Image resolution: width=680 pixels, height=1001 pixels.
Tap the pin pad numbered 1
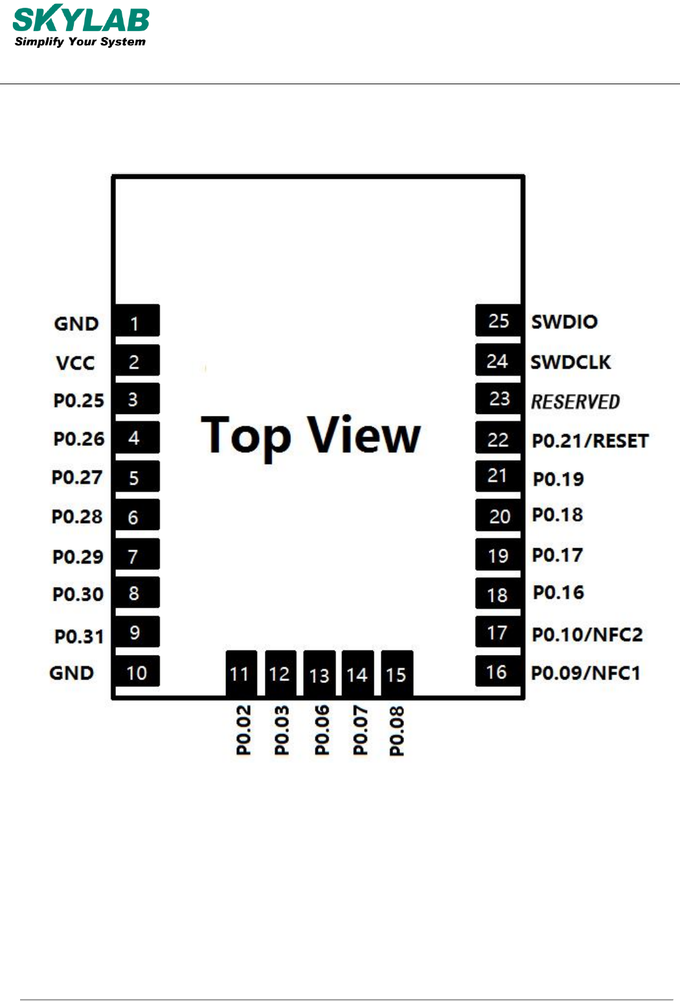click(x=136, y=322)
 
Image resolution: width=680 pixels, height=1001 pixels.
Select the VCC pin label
click(x=75, y=363)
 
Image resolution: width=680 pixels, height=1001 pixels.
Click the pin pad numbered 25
click(x=498, y=321)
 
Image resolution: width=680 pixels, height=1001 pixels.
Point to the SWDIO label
click(x=564, y=322)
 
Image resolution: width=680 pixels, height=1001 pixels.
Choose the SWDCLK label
click(x=571, y=362)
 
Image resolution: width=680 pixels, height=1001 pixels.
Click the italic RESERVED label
click(x=575, y=402)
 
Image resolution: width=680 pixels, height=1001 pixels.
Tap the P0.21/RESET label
click(x=590, y=441)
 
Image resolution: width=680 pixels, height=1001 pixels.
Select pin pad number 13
click(x=319, y=674)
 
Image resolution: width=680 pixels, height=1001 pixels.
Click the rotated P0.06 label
click(x=322, y=730)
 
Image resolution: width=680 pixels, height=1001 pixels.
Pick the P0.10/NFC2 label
click(x=587, y=634)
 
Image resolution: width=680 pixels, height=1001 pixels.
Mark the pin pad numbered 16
click(x=497, y=673)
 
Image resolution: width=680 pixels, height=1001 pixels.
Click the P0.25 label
click(x=78, y=400)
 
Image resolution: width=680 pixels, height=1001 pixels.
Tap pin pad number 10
click(x=136, y=673)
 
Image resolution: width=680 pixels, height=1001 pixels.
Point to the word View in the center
click(x=364, y=435)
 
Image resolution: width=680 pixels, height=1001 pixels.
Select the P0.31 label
click(x=79, y=637)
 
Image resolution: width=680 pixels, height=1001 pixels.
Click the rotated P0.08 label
click(x=396, y=731)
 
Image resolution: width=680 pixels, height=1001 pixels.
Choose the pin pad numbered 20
click(x=499, y=516)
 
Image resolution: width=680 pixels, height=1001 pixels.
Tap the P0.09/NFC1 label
click(x=585, y=673)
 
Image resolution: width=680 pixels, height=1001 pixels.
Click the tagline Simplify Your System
click(x=80, y=42)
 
